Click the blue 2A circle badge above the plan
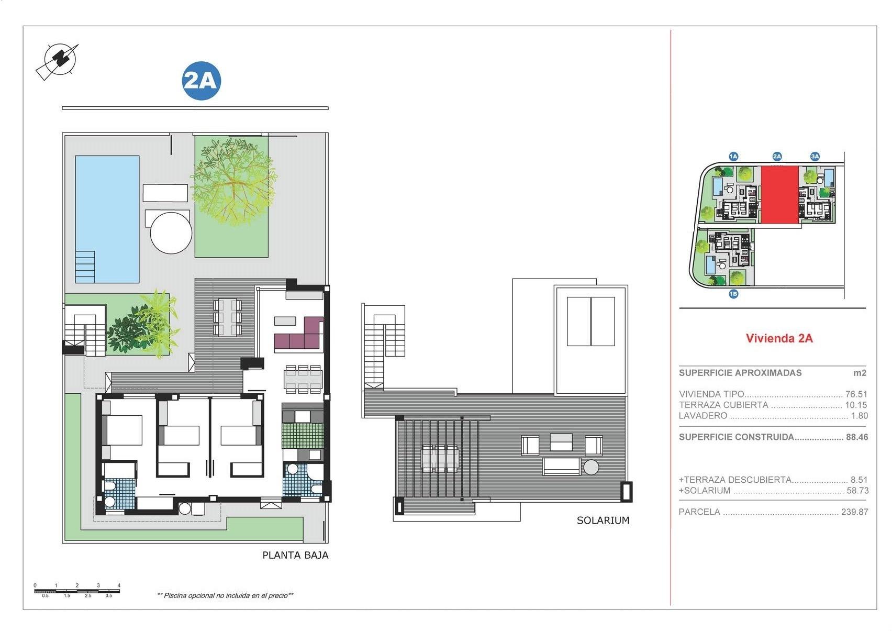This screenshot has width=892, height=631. [202, 81]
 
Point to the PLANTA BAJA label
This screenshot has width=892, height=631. [295, 555]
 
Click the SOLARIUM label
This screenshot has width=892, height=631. [603, 521]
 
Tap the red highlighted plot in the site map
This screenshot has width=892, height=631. [779, 195]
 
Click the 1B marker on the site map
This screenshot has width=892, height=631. [733, 294]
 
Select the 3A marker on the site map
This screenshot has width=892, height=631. [815, 156]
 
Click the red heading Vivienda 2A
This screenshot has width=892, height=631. [779, 338]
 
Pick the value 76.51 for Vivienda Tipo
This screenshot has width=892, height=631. [856, 394]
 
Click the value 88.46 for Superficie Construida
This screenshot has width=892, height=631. [857, 437]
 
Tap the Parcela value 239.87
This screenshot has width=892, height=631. [854, 512]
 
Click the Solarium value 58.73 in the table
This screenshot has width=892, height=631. [857, 491]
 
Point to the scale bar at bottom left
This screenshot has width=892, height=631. [77, 591]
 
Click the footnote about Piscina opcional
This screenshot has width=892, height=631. [225, 595]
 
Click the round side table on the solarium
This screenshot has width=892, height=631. [591, 467]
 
